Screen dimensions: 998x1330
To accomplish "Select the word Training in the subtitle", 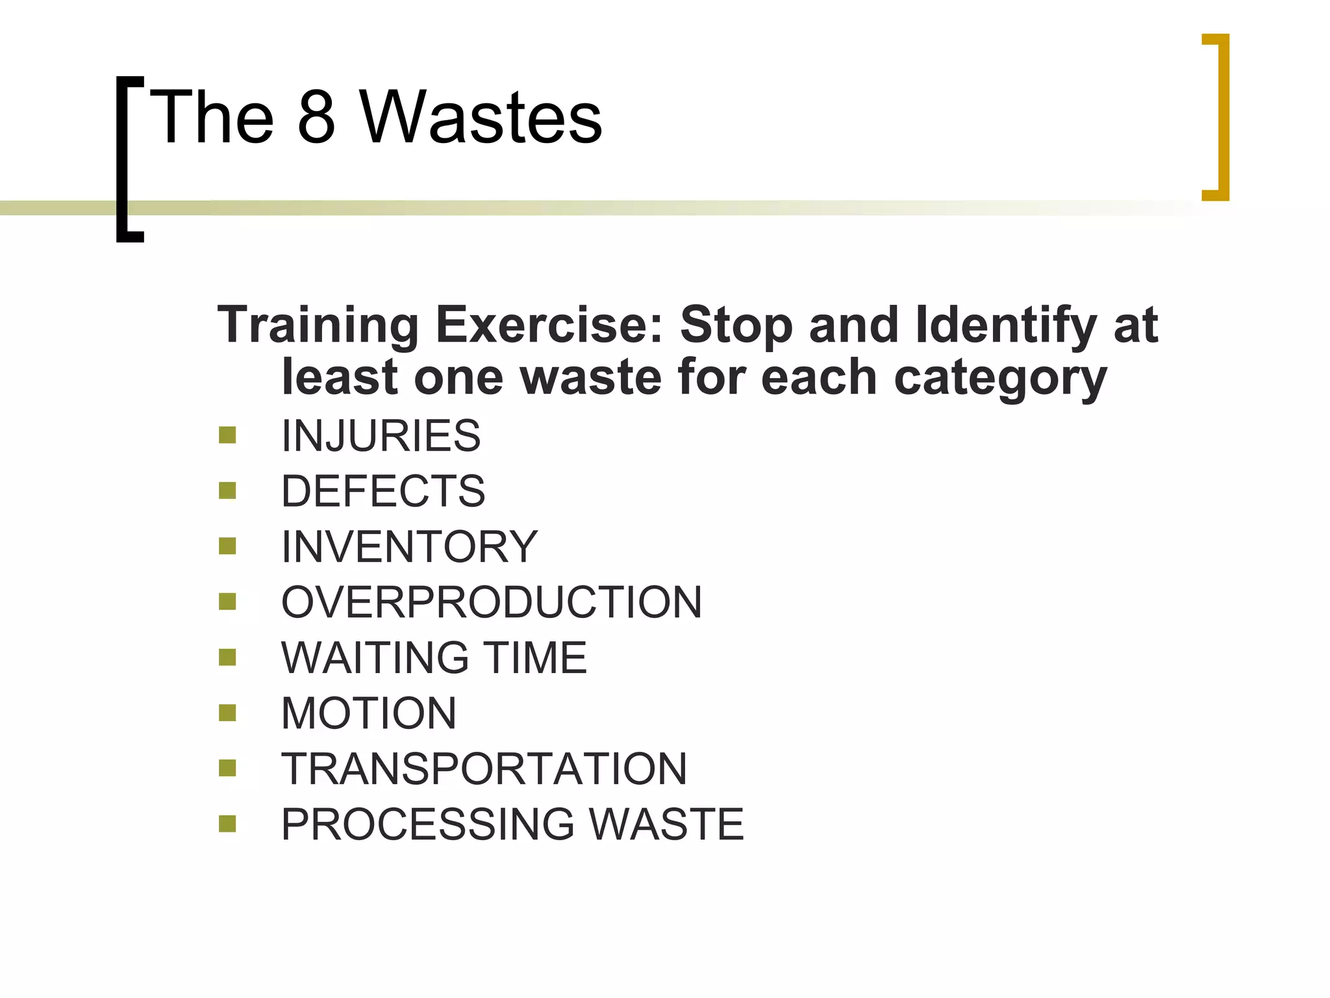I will coord(318,325).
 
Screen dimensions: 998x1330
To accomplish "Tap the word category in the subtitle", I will coord(1000,378).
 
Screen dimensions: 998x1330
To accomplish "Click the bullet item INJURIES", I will coord(381,435).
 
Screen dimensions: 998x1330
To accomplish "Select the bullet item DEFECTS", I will coord(383,491).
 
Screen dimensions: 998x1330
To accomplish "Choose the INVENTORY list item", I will coord(409,546).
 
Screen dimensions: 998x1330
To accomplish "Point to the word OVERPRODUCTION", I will coord(492,602).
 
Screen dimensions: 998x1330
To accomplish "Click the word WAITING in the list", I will coord(375,658).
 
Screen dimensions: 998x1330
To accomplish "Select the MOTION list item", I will coord(369,713).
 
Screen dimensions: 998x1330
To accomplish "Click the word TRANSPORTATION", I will coord(484,769).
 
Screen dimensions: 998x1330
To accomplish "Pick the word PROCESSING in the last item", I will coord(428,824).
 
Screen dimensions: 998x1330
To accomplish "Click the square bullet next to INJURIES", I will coord(227,435).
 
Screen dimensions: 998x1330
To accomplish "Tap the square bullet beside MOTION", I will coord(227,713).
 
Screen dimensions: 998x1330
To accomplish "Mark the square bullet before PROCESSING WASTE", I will coord(227,824).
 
